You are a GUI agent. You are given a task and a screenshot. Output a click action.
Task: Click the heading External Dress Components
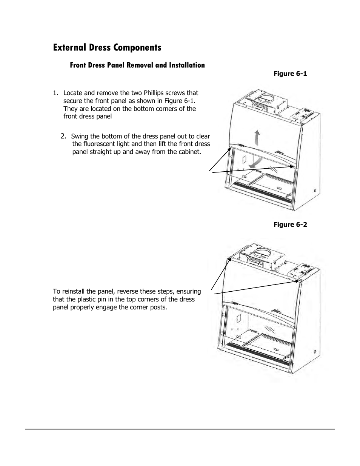pos(107,48)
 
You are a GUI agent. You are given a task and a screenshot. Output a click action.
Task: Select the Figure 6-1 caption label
pos(290,74)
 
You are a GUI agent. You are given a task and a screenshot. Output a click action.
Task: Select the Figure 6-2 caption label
pos(290,225)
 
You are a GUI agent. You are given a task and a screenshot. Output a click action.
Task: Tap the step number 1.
pos(55,93)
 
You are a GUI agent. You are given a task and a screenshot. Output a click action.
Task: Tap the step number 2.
pos(64,136)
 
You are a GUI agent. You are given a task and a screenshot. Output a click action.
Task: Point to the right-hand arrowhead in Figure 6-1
pos(291,166)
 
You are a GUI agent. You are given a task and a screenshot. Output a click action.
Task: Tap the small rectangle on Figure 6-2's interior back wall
pos(238,318)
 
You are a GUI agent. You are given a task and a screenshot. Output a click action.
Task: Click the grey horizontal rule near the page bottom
pos(180,429)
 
